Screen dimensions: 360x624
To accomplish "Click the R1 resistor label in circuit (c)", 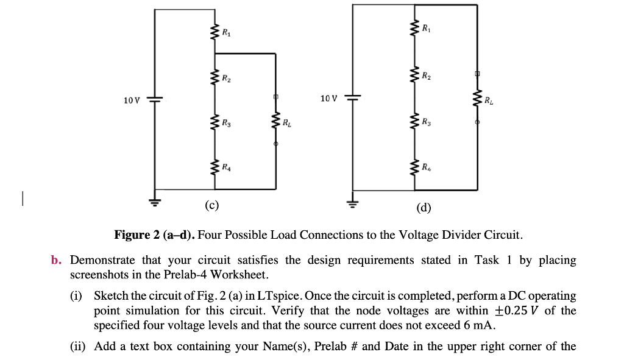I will coord(226,32).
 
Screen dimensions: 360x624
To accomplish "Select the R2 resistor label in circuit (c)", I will coord(226,78).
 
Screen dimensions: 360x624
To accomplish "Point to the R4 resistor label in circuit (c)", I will coord(226,166).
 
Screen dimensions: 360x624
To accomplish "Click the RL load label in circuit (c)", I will coord(286,124).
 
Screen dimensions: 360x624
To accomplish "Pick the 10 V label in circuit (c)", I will coord(132,100).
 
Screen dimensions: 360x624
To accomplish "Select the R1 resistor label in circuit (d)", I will coord(425,28).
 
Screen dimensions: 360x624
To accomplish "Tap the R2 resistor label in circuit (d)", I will coord(425,76).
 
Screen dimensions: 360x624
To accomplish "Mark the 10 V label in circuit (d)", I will coord(328,97).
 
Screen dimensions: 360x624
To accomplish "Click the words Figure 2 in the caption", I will coord(136,235).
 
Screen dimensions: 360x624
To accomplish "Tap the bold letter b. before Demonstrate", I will coord(57,261).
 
